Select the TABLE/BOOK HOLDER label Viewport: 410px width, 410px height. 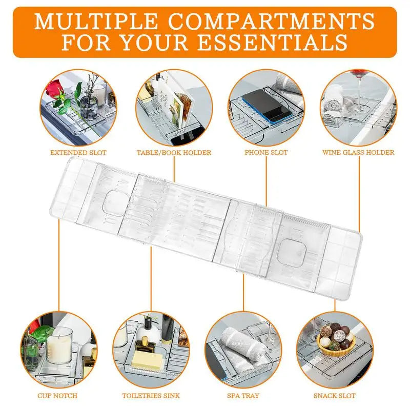coord(174,152)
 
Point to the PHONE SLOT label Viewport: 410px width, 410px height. coord(266,152)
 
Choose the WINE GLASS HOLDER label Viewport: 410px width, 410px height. coord(358,152)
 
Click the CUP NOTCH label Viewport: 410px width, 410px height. coord(57,396)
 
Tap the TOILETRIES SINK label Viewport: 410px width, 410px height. coord(151,396)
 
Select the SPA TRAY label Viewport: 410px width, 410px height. coord(243,396)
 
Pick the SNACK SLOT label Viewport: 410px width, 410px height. coord(335,396)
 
